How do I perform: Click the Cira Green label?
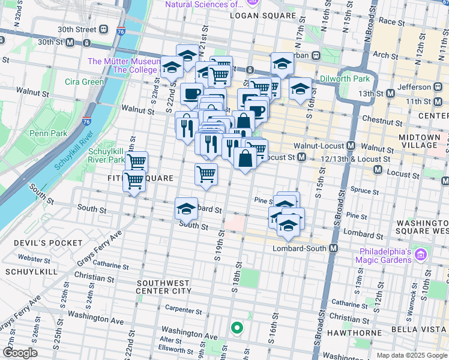coord(85,82)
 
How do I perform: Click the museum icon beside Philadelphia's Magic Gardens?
coord(420,255)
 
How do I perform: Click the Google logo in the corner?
coord(19,353)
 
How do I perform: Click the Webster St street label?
coord(34,258)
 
